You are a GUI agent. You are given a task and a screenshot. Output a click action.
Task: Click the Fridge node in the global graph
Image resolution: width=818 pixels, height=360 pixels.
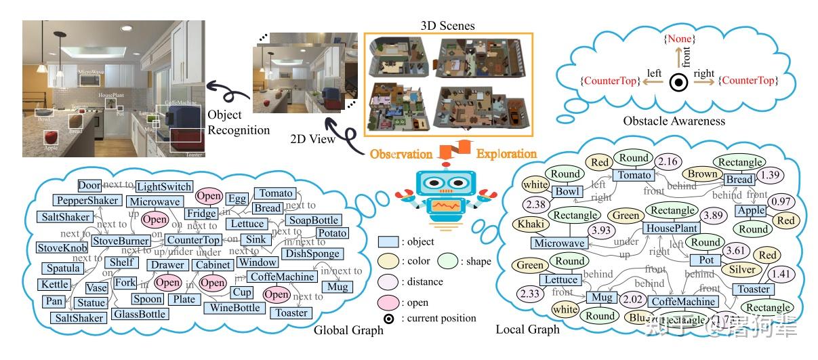[201, 213]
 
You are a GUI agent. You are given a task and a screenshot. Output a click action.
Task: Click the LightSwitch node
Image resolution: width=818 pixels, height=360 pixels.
[164, 186]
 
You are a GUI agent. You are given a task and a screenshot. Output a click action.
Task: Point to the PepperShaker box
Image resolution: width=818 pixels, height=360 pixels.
[88, 201]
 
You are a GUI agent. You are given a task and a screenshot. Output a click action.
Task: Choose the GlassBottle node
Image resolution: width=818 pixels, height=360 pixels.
[140, 314]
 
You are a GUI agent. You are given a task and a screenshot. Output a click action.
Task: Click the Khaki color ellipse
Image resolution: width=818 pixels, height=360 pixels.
[533, 224]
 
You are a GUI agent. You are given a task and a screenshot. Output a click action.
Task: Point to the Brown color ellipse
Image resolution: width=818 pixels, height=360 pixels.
[702, 174]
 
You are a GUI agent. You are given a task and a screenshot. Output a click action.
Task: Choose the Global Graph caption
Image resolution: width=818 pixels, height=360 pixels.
[349, 330]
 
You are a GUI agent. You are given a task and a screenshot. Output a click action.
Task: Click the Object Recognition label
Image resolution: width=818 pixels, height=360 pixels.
[239, 122]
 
